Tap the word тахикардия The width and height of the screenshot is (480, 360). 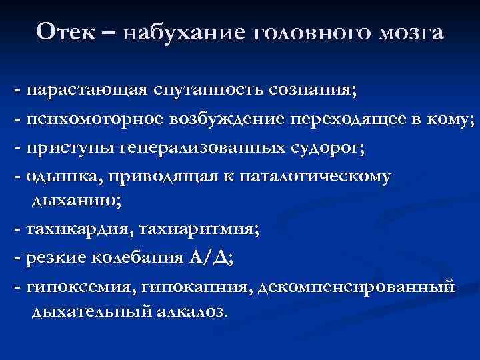pyautogui.click(x=77, y=230)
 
